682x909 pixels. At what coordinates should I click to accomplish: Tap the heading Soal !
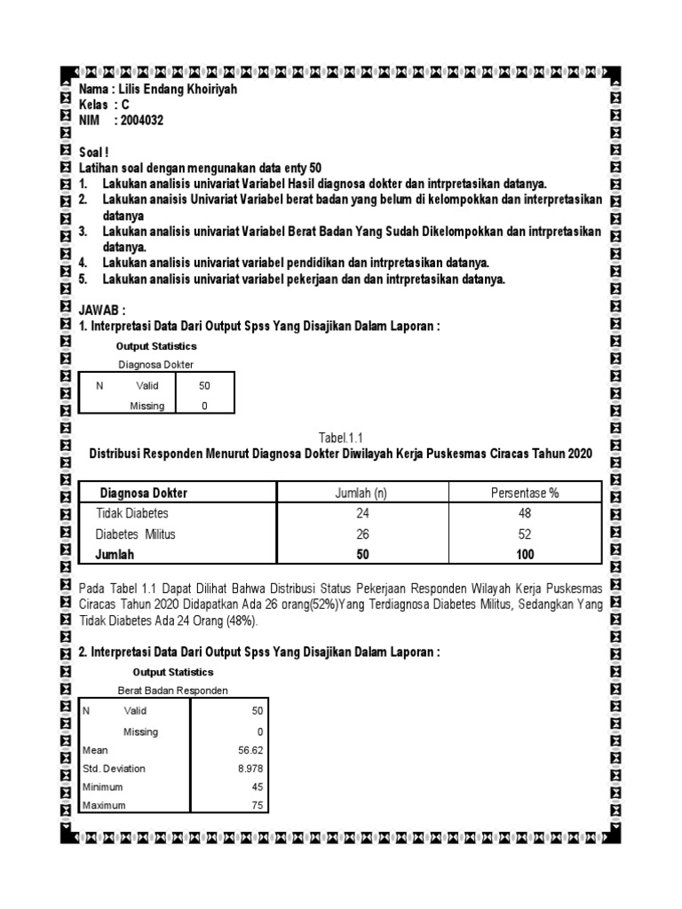coord(93,153)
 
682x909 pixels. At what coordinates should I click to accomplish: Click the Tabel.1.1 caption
coord(341,437)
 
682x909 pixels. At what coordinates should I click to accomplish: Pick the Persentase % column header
coord(525,493)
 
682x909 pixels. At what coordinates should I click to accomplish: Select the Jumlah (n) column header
coord(362,493)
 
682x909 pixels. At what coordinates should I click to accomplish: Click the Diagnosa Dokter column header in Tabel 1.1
coord(143,493)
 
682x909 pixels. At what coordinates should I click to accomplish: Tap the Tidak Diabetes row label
coord(131,513)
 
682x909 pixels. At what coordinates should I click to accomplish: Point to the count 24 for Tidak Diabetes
coord(362,513)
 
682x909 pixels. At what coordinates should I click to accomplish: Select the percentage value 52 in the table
coord(525,534)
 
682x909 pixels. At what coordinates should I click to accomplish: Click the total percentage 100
coord(525,554)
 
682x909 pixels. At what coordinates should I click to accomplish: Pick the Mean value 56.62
coord(251,750)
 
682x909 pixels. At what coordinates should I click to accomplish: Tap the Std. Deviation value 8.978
coord(250,769)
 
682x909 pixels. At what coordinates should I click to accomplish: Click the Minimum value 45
coord(258,787)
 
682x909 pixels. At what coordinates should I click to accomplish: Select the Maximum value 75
coord(258,805)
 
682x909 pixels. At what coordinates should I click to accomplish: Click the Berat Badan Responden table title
coord(172,691)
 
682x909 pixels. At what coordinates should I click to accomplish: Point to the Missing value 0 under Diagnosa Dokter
coord(204,406)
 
